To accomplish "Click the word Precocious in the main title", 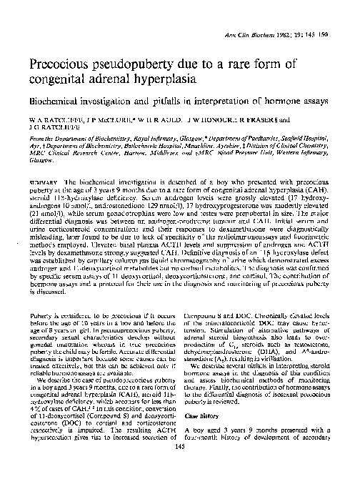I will coord(66,63).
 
